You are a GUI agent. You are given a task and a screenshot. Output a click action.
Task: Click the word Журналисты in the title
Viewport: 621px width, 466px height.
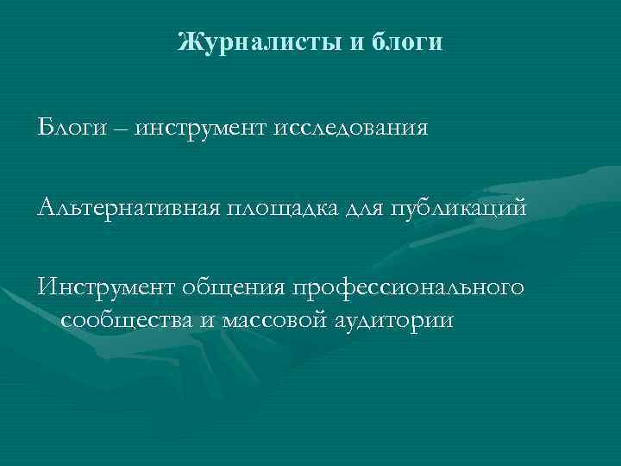(x=260, y=41)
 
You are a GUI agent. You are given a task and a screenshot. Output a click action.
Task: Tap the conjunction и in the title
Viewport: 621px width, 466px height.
(x=359, y=41)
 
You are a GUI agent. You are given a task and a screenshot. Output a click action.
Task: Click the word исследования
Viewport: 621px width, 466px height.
(x=351, y=129)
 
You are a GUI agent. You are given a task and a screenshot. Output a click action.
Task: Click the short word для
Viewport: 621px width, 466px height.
(x=367, y=208)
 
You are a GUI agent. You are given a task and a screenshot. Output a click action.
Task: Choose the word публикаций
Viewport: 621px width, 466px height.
(x=457, y=208)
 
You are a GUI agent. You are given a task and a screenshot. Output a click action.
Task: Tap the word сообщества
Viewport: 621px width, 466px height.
(x=127, y=321)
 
